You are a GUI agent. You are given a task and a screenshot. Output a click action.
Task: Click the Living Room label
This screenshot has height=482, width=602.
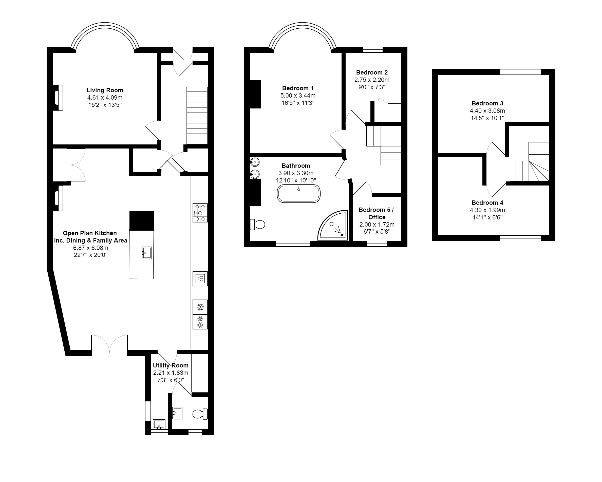tap(105, 90)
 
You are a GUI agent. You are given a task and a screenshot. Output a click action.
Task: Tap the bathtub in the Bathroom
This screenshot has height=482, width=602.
tap(298, 194)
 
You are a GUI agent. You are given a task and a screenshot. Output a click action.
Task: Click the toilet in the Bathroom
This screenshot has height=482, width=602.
tap(258, 224)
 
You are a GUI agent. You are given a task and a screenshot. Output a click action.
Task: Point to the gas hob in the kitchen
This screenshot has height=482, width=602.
tap(200, 213)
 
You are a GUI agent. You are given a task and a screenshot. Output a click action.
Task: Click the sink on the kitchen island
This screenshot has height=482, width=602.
tap(147, 253)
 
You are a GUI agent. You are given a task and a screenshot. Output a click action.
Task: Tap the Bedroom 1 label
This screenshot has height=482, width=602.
tap(298, 88)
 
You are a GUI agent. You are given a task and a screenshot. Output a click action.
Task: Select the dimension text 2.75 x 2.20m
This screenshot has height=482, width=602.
tap(372, 80)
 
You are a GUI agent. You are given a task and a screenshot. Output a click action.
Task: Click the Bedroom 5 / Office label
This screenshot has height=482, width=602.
tap(376, 213)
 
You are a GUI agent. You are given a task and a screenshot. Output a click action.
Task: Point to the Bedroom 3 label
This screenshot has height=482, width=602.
tap(487, 103)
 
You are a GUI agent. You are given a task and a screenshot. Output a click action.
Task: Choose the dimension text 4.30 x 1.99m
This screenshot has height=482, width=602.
tap(487, 210)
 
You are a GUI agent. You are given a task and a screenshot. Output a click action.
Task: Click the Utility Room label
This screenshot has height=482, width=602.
tap(171, 365)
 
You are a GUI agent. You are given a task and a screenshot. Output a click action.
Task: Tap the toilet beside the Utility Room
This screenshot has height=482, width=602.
tap(200, 414)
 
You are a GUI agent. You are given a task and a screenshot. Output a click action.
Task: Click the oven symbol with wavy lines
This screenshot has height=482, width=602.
tap(200, 279)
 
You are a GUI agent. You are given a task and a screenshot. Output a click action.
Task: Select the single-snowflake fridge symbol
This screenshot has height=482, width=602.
tap(200, 307)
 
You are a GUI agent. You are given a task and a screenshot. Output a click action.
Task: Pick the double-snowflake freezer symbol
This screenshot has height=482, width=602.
tap(200, 322)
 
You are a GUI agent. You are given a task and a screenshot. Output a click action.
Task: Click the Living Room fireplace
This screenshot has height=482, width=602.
tap(59, 98)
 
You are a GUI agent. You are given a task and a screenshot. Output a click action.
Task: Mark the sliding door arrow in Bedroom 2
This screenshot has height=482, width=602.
tap(381, 100)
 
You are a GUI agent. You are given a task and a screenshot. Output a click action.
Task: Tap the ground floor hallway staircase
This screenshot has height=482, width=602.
tap(197, 115)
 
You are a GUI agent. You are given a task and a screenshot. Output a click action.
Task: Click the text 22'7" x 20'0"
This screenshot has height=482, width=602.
tap(90, 255)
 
